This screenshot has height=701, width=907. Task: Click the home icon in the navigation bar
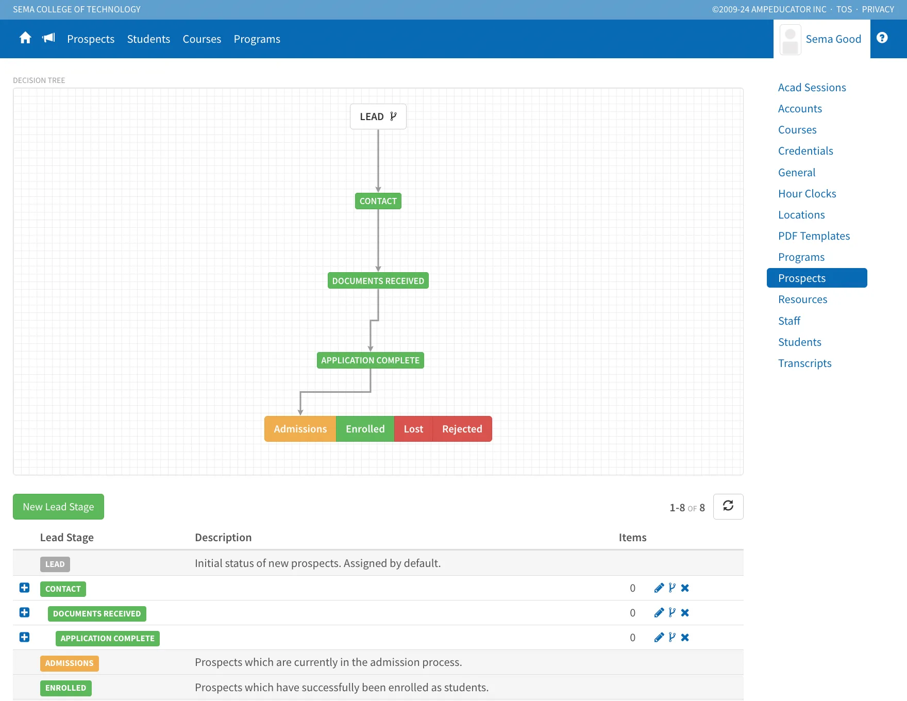(x=25, y=38)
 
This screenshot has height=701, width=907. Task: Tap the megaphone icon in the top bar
(x=48, y=38)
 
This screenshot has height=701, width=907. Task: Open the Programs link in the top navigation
(x=257, y=39)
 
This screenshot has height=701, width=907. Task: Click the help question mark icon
(x=882, y=38)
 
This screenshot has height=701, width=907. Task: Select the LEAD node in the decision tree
(x=378, y=116)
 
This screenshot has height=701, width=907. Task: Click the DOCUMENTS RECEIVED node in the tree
(x=378, y=281)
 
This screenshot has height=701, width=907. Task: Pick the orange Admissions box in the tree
(x=300, y=429)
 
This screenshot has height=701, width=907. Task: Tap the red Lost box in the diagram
(x=413, y=429)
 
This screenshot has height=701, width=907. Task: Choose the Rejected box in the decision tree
(x=462, y=429)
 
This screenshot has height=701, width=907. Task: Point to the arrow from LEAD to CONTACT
(x=378, y=161)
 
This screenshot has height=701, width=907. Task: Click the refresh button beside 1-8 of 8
(x=728, y=507)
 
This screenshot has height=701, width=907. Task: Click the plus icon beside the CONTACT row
(x=24, y=588)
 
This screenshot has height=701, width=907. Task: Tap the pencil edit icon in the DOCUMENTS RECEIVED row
(x=659, y=613)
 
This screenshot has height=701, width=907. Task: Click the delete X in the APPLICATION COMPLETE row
(x=685, y=638)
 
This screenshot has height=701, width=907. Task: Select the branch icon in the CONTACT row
(x=672, y=588)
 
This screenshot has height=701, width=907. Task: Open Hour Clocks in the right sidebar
(x=807, y=194)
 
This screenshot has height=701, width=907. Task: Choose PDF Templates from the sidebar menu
(x=814, y=236)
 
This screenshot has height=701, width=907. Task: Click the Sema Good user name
(x=833, y=39)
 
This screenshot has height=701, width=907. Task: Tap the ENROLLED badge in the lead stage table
(x=66, y=688)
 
